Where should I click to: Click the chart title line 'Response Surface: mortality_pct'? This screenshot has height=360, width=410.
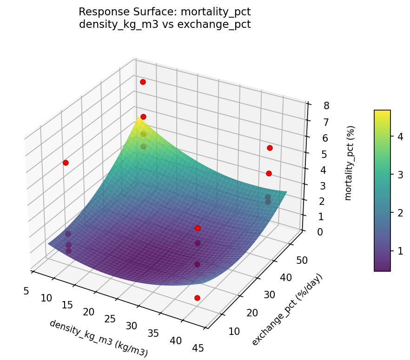165,12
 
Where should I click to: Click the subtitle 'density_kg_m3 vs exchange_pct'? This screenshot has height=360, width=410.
165,24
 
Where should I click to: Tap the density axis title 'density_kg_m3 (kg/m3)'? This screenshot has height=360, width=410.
99,338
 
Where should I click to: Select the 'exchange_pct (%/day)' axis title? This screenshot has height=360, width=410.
287,310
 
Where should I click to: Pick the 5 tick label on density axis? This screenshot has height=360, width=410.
26,291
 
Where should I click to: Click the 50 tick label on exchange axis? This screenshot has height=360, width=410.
301,260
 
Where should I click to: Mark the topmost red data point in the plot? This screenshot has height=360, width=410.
143,82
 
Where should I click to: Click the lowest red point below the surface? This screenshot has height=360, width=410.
197,298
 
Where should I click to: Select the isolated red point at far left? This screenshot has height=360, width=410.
66,163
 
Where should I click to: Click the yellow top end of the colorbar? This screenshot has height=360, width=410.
382,112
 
